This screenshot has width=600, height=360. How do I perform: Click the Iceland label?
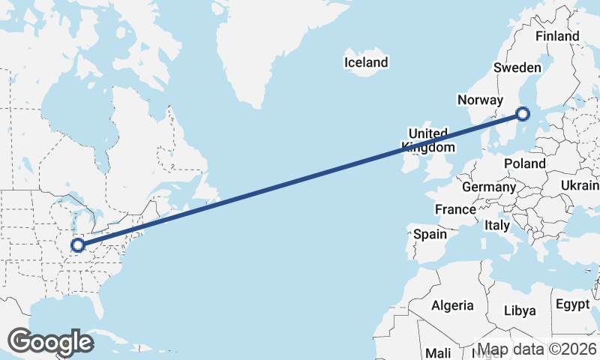366,62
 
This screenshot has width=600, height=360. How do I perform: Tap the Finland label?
557,36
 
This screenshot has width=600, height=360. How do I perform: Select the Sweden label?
517,67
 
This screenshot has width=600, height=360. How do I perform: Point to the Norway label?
479,100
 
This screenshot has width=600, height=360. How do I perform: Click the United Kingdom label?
428,140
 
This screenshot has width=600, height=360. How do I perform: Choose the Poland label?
525,163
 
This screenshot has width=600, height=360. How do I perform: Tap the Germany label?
489,187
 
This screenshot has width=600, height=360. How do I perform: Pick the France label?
455,209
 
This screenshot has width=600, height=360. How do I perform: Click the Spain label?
430,234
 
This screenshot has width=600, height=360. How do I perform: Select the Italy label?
496,225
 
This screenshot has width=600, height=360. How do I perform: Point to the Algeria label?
452,305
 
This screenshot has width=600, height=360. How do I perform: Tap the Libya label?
520,310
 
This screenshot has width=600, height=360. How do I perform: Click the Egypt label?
574,304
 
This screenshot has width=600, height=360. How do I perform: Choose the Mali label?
438,352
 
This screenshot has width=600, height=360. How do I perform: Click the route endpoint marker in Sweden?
523,114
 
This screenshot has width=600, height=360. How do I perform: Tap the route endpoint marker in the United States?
77,245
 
